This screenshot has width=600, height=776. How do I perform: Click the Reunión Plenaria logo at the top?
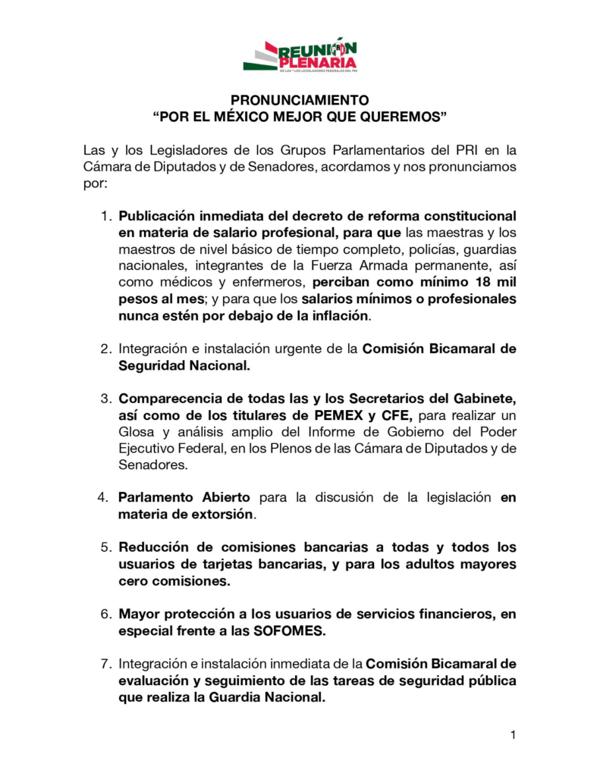click(300, 55)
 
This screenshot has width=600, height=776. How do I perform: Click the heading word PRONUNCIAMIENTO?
click(300, 100)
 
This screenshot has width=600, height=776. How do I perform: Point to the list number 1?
click(105, 216)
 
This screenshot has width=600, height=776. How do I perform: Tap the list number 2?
click(105, 349)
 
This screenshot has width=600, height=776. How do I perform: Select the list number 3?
click(105, 398)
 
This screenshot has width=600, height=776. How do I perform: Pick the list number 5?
click(105, 547)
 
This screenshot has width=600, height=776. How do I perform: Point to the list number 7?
click(105, 664)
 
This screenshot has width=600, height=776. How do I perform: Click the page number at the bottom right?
click(514, 734)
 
